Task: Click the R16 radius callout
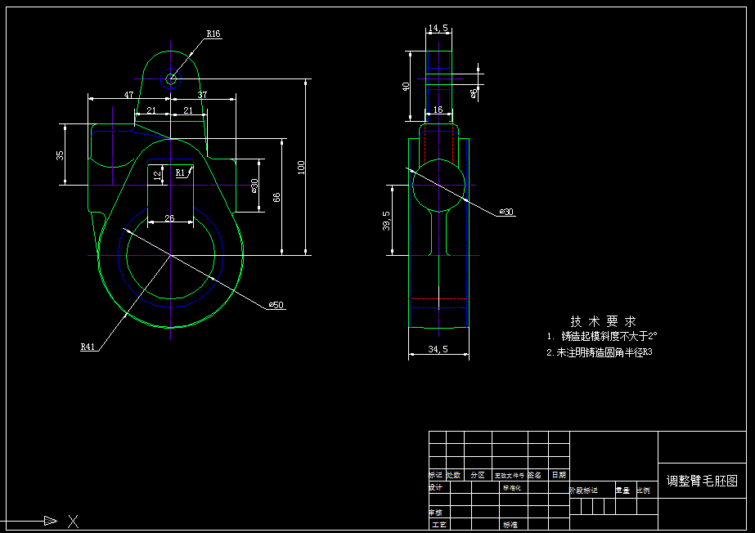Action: (213, 34)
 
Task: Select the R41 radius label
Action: (88, 347)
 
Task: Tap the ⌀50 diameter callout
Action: (276, 305)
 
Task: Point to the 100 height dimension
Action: (301, 167)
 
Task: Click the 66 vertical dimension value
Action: (276, 197)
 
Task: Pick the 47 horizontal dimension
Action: (128, 95)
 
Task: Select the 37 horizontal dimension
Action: (202, 95)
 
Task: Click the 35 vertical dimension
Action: (60, 155)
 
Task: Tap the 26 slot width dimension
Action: (169, 217)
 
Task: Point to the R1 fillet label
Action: (181, 172)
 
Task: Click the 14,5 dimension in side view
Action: (438, 29)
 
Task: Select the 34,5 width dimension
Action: (438, 350)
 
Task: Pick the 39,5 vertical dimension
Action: (387, 221)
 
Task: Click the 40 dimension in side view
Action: (406, 86)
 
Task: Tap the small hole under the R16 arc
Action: (171, 79)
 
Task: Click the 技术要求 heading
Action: (603, 321)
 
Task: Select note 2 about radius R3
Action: (599, 352)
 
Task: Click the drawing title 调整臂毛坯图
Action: (702, 481)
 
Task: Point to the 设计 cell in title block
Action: (436, 488)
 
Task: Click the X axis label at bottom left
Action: (73, 520)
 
